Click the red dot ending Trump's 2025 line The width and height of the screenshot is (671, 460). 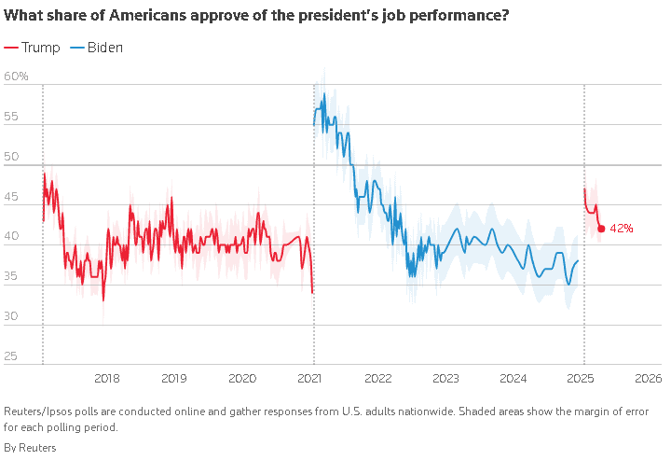tap(601, 229)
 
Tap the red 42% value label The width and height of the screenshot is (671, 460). tap(622, 229)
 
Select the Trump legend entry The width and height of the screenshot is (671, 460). tap(32, 48)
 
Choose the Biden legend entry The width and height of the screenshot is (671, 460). tap(96, 48)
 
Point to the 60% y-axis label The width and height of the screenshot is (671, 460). tap(16, 77)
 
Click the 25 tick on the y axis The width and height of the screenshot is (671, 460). tap(10, 355)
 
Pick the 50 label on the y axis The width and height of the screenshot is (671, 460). tap(11, 157)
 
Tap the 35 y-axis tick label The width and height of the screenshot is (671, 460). tap(10, 276)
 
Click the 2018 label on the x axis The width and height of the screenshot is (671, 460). tap(106, 378)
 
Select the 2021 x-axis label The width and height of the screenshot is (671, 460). tap(309, 378)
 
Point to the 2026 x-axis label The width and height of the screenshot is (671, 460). tap(649, 378)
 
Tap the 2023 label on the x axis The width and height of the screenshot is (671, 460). tap(445, 378)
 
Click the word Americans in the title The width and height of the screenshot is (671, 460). tap(147, 16)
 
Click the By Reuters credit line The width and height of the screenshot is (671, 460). tap(30, 448)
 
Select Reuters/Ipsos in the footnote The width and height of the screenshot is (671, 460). tap(37, 411)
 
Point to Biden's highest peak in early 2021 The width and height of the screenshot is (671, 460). tap(324, 93)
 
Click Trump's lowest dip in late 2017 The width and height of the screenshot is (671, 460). tap(103, 300)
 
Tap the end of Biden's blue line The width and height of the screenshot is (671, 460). tap(578, 260)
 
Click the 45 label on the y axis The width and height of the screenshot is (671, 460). tap(10, 197)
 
